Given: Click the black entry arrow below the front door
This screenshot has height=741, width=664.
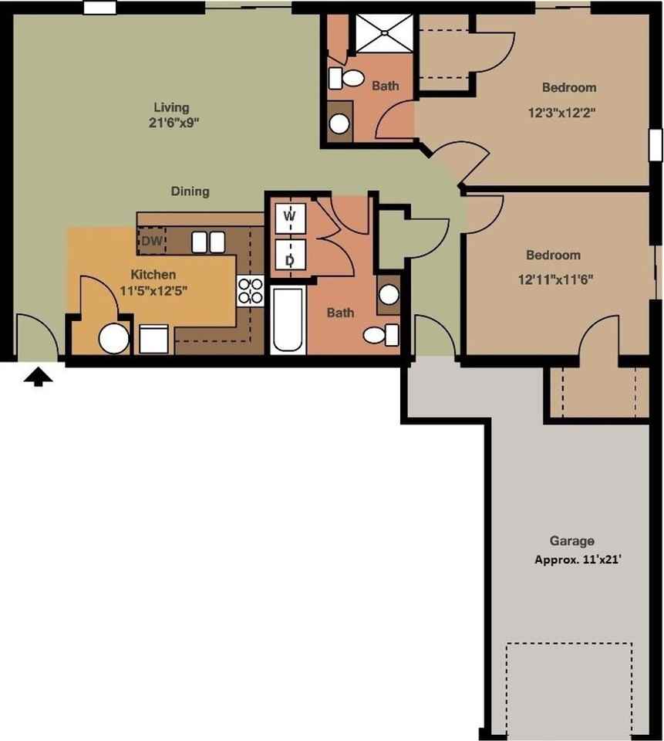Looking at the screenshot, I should [x=39, y=377].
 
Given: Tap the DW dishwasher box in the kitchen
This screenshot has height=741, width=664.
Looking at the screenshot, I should [x=150, y=241].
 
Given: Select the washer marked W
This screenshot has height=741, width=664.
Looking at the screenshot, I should [x=290, y=217].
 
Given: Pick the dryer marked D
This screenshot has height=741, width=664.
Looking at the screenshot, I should [x=290, y=259].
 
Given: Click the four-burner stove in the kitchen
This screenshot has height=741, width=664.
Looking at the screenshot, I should [x=251, y=291].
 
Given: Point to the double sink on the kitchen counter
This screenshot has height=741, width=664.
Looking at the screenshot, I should [x=207, y=242].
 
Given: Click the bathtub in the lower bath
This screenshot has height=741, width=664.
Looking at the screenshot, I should [x=288, y=320].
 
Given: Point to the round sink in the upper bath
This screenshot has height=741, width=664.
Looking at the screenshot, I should [x=339, y=123].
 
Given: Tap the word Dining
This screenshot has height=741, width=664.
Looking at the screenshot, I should [x=190, y=191].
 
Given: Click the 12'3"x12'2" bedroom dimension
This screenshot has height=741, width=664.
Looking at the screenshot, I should [x=562, y=112].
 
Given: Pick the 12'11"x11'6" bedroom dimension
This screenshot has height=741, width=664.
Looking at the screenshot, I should [x=553, y=279].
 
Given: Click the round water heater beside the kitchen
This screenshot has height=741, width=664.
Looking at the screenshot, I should [x=114, y=338].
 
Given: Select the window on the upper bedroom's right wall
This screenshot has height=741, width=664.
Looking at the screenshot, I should [x=656, y=144].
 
